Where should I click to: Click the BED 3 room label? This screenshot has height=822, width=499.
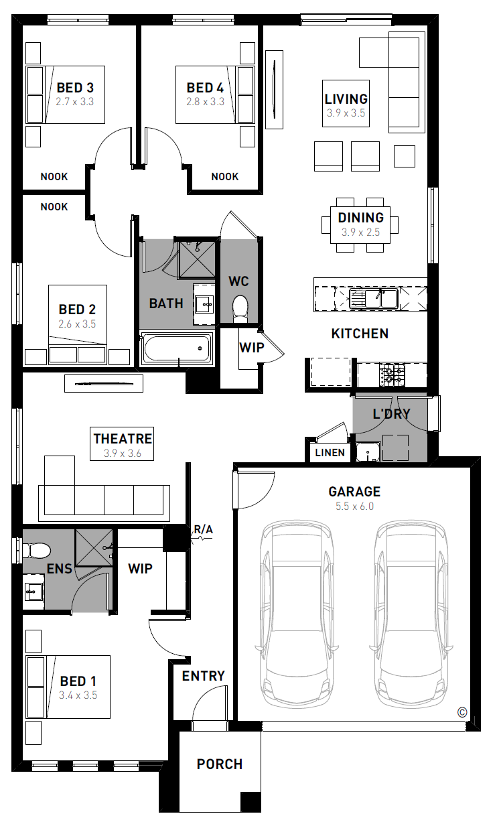75,88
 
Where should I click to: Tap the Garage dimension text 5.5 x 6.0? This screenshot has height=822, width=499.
354,506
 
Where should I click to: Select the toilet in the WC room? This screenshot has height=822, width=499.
240,308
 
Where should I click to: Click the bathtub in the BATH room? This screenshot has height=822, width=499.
177,348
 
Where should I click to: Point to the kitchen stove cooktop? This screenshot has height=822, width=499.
392,374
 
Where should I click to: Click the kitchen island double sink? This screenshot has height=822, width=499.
374,298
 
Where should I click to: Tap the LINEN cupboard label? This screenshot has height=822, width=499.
330,452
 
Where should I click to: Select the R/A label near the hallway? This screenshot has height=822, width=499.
203,529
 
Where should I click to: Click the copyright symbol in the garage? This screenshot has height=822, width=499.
462,712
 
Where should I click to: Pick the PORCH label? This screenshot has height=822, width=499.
220,764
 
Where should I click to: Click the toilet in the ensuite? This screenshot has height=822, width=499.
36,551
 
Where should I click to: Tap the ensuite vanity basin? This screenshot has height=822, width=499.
33,592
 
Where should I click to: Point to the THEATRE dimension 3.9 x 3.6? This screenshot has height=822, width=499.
122,453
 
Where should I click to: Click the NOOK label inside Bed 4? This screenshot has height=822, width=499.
225,176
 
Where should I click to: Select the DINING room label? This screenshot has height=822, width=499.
360,218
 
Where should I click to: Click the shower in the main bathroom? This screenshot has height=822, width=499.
197,259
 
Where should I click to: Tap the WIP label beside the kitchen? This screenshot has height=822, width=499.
252,347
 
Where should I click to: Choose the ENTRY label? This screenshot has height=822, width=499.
203,675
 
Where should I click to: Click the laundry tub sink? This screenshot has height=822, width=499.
368,452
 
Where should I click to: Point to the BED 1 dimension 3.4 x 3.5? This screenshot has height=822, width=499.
78,695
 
